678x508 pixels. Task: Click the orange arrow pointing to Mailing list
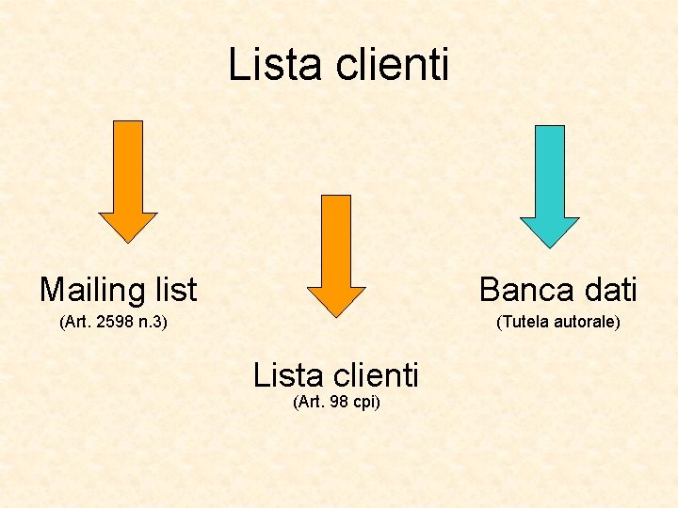[x=128, y=179]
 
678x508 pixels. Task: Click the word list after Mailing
[x=172, y=289]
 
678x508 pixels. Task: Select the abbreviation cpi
[x=364, y=403]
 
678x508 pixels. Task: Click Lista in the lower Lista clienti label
[x=287, y=375]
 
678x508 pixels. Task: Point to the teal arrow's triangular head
[x=550, y=231]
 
